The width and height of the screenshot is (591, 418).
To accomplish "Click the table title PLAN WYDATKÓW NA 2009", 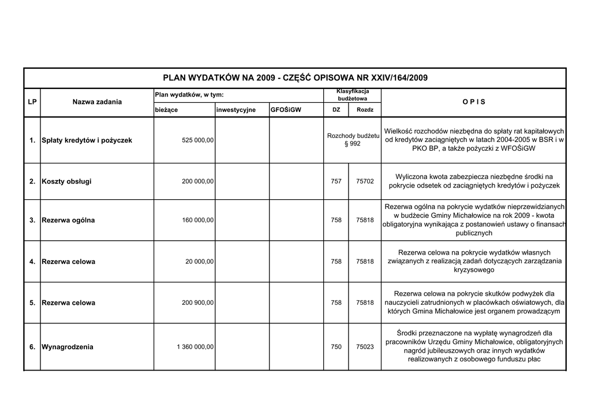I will pos(295,77).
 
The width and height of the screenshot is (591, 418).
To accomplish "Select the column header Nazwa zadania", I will pos(97,102).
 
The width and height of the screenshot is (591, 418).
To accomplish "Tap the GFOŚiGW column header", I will pos(285,110).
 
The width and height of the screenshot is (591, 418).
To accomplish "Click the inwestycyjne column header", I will pos(236,110).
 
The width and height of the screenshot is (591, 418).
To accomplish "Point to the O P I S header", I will pos(474,102).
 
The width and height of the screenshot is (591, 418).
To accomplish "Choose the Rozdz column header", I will pos(365,110).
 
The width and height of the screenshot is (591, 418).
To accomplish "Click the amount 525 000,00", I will pos(197,140).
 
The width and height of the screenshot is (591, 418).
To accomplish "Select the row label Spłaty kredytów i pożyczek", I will pos(87,140).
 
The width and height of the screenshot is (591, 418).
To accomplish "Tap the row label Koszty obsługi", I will pos(66,181).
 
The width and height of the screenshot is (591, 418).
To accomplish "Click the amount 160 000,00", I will pos(197,220).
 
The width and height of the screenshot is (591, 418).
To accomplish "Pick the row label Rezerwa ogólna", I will pos(68,220).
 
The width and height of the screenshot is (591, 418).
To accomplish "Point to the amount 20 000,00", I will pos(200,262).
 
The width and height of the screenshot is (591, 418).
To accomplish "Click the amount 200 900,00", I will pos(197,303).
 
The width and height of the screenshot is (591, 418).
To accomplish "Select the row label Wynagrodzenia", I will pos(68,347).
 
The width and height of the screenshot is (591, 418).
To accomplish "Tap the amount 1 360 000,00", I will pos(195,347).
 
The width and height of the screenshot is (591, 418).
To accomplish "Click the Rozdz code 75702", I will pos(365,181).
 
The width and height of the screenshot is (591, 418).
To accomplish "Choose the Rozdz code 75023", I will pos(365,347).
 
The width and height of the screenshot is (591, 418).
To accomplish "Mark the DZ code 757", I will pos(336,181).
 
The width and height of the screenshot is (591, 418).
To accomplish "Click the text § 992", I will pos(352,144).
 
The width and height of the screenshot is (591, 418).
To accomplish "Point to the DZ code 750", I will pos(336,347).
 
